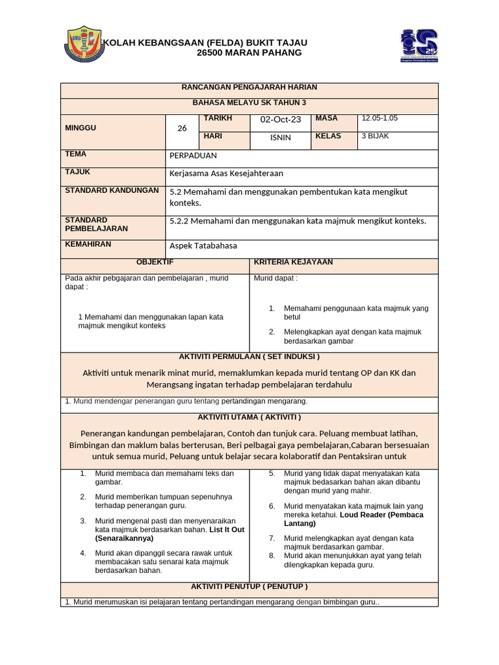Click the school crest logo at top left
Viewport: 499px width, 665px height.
point(84,45)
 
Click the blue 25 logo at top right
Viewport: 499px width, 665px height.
point(419,45)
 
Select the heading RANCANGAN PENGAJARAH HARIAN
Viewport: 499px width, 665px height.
point(249,87)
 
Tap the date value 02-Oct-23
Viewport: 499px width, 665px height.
point(281,119)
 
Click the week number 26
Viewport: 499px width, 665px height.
point(182,129)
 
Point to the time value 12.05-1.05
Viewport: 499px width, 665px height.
point(380,118)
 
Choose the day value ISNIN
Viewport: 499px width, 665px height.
point(281,138)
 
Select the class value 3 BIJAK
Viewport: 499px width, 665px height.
point(376,136)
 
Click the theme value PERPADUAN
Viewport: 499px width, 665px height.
point(193,156)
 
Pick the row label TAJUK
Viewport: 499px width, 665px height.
point(77,172)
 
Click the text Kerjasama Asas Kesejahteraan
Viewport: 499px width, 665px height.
point(226,173)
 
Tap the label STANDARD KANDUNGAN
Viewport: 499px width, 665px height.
point(112,190)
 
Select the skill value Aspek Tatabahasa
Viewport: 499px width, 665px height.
point(203,245)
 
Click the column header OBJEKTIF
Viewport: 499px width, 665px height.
point(155,262)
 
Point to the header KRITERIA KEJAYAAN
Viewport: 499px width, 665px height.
point(293,262)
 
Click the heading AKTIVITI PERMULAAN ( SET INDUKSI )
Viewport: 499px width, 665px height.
point(249,357)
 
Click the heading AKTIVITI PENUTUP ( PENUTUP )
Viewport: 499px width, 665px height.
point(249,586)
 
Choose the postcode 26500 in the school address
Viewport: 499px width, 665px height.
point(211,53)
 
